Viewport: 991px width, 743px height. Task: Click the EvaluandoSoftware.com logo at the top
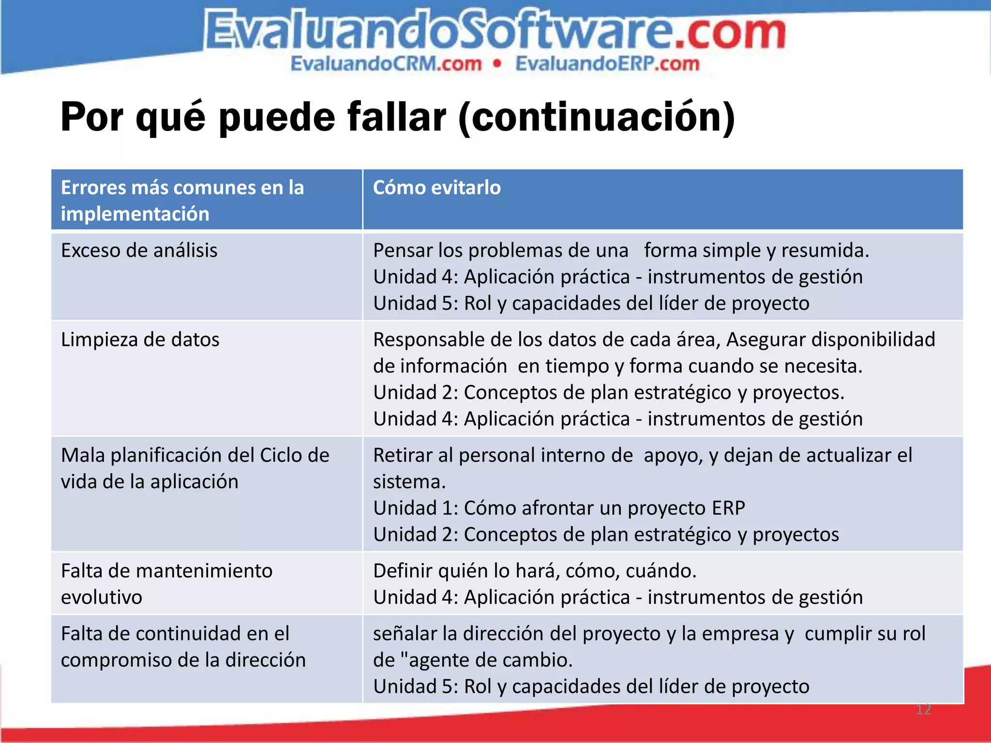point(495,31)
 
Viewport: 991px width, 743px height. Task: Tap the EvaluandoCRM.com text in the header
point(386,64)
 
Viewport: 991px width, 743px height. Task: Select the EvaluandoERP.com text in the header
point(607,64)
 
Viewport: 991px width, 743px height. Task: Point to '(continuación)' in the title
point(596,118)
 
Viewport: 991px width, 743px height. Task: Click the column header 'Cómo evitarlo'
point(436,188)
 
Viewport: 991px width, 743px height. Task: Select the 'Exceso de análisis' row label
point(139,251)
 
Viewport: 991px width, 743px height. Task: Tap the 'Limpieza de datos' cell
point(140,340)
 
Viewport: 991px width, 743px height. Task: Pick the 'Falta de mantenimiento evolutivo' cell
point(166,584)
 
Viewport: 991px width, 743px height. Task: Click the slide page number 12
point(923,709)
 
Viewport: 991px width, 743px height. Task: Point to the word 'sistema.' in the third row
point(409,482)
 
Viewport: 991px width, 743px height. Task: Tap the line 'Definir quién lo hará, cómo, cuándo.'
point(534,571)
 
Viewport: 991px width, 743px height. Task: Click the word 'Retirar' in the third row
point(403,456)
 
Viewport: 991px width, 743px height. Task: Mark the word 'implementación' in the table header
point(135,214)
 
